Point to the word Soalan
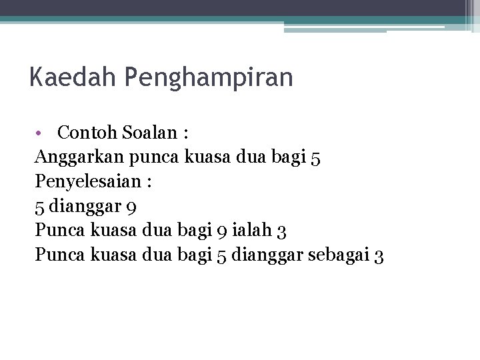click(x=146, y=133)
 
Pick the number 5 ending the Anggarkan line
click(x=315, y=158)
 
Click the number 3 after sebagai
click(x=379, y=255)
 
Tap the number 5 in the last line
click(x=221, y=255)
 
